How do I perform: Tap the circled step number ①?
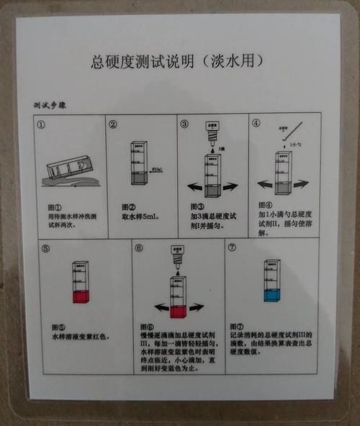[x=42, y=123]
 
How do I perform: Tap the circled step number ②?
[x=113, y=124]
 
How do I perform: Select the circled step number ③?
[x=184, y=124]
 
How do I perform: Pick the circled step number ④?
[x=256, y=123]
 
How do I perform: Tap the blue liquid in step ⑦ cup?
[x=271, y=295]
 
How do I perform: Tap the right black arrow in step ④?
[x=302, y=184]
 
